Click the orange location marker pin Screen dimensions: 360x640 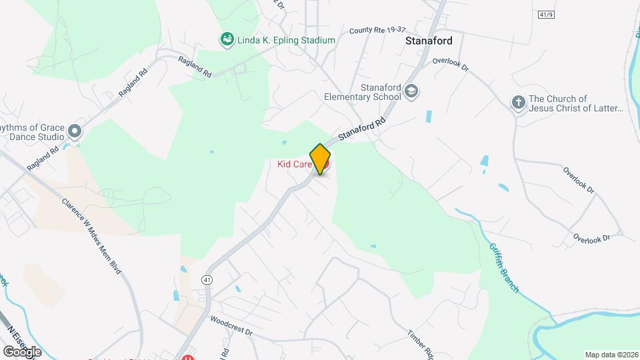pyautogui.click(x=321, y=159)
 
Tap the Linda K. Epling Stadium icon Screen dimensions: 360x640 pyautogui.click(x=227, y=40)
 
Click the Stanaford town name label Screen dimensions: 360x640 pyautogui.click(x=429, y=41)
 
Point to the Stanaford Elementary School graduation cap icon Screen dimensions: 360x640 pyautogui.click(x=413, y=91)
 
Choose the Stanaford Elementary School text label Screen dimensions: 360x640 pyautogui.click(x=362, y=92)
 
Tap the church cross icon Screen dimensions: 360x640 pyautogui.click(x=518, y=103)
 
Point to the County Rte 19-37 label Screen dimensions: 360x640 pyautogui.click(x=377, y=31)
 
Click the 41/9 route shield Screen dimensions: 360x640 pyautogui.click(x=545, y=14)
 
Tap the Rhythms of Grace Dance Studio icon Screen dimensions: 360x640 pyautogui.click(x=74, y=131)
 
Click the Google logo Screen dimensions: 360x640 pyautogui.click(x=22, y=351)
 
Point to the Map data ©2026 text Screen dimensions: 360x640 pyautogui.click(x=611, y=355)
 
